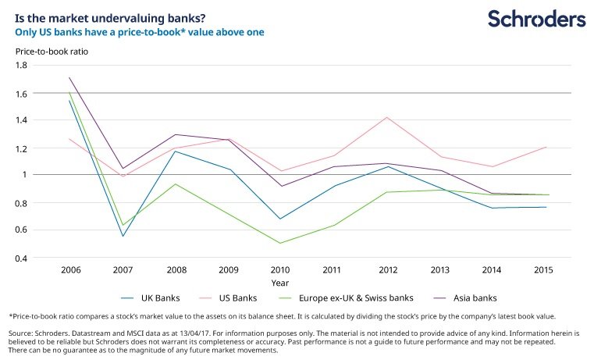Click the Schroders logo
(x=537, y=19)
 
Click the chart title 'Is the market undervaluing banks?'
(x=110, y=19)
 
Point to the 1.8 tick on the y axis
(x=22, y=65)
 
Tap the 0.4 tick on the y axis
(x=22, y=258)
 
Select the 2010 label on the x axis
(x=279, y=270)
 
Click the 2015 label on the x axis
(x=543, y=270)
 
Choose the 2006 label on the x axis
(x=71, y=270)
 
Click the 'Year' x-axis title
(x=280, y=283)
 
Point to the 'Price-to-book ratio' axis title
(x=52, y=52)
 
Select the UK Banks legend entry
(x=150, y=298)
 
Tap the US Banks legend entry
(x=228, y=298)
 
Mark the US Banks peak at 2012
(x=387, y=117)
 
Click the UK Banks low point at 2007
(x=123, y=236)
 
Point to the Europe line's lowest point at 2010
(x=280, y=243)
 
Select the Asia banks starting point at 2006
(x=69, y=78)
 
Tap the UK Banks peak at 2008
(x=176, y=151)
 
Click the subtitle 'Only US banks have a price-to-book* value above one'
(x=140, y=32)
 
